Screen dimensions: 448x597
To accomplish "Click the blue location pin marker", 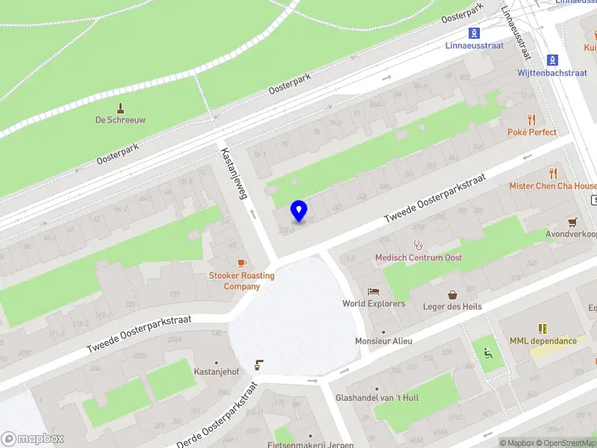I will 298,211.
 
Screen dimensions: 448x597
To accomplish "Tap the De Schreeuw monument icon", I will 120,109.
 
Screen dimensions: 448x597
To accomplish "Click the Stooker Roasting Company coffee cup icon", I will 241,263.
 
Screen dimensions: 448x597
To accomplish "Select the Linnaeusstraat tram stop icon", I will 474,33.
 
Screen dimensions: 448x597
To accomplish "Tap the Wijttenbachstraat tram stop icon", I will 552,60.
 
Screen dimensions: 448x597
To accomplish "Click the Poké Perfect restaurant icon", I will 531,119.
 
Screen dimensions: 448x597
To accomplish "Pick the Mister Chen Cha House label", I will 553,186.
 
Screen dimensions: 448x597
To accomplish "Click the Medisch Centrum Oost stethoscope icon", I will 418,244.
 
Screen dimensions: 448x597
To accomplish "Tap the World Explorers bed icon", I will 373,291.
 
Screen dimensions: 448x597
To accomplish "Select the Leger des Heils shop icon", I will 452,294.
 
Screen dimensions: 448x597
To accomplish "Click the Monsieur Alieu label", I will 384,341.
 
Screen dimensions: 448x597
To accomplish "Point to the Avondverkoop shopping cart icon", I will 572,222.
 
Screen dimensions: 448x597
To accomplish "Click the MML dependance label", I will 543,341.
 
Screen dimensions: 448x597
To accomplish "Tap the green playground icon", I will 488,353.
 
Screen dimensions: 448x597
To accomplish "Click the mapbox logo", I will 33,439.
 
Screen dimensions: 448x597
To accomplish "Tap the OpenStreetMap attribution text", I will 564,443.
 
